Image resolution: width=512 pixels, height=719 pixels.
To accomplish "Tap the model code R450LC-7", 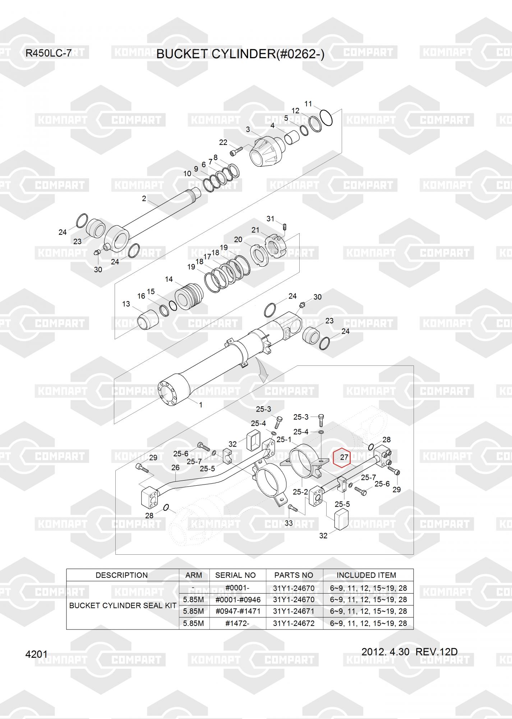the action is [x=49, y=54].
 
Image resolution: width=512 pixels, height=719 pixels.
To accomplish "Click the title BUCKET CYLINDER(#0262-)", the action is [x=240, y=54].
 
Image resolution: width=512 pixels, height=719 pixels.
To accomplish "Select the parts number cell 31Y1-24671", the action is [x=294, y=611].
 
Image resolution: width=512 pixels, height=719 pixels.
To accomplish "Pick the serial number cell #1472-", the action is [x=237, y=623].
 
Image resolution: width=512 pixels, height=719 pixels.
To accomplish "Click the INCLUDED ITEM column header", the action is [x=366, y=575].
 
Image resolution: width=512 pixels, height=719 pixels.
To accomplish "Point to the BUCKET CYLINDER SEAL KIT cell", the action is [x=123, y=605].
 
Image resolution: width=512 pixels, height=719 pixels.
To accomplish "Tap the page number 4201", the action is [x=36, y=654].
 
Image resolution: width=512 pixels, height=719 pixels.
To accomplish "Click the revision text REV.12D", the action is [x=437, y=652].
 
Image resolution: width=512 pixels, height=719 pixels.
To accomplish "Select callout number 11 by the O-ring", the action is [x=308, y=104].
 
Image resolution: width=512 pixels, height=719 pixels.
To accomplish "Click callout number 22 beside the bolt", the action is [x=223, y=142].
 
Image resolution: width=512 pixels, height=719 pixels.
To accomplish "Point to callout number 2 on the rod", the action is [x=144, y=198].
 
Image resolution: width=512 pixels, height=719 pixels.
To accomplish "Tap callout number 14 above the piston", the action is [x=169, y=279].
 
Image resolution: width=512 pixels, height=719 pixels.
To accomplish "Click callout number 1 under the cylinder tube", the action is [x=201, y=405].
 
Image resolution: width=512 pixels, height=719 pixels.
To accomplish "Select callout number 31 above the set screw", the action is [x=270, y=219].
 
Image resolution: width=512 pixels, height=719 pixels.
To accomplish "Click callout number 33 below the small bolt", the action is [x=289, y=523].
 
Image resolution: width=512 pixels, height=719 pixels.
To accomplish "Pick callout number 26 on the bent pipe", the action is [x=175, y=467].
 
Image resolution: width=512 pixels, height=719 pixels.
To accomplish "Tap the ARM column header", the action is [x=194, y=575].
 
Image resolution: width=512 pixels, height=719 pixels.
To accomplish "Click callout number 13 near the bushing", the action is [x=126, y=304].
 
